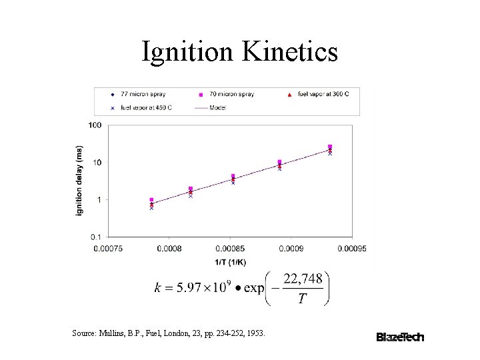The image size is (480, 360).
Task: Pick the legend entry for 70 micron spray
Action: tap(227, 94)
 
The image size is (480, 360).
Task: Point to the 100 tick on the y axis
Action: tap(95, 125)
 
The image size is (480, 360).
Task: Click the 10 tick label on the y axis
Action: tap(97, 163)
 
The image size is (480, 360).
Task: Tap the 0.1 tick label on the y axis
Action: tap(95, 237)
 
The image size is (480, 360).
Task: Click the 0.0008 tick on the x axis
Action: tap(169, 249)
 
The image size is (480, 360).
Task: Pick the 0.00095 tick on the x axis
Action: tap(351, 249)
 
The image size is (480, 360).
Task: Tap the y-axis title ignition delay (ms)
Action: tap(79, 180)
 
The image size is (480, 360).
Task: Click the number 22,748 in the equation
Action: tap(303, 279)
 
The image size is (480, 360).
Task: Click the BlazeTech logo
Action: tap(400, 337)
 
